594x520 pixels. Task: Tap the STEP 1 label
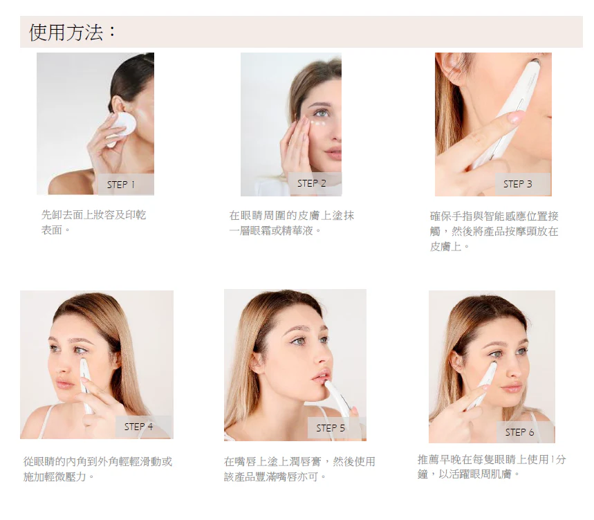[121, 185]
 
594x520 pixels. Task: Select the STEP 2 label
[311, 183]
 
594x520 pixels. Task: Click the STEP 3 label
[517, 184]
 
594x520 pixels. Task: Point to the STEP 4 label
[138, 427]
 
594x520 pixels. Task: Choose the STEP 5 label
[331, 428]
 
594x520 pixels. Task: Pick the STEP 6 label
[519, 432]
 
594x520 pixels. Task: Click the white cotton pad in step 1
[121, 129]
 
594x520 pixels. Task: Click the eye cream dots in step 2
[318, 123]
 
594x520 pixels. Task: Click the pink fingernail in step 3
[514, 118]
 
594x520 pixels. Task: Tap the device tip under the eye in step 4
[82, 362]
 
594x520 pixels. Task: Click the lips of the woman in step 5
[319, 376]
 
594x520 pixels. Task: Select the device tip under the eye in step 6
[494, 364]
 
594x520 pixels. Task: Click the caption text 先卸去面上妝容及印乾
[93, 215]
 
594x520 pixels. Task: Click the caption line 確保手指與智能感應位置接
[494, 216]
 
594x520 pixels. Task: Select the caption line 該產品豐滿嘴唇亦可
[275, 476]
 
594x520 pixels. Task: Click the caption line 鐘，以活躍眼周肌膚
[469, 474]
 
